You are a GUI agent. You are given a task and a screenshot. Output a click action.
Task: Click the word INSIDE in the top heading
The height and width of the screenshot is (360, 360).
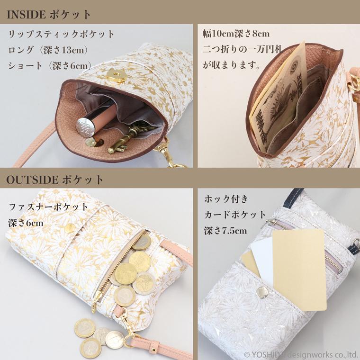coord(26,13)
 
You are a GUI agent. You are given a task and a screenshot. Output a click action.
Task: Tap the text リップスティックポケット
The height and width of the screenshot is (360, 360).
coord(62,35)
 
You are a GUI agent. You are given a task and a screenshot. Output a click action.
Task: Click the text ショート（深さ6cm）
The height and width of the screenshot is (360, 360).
coord(50,66)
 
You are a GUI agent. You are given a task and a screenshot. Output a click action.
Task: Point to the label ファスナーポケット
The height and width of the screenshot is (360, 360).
coord(49,207)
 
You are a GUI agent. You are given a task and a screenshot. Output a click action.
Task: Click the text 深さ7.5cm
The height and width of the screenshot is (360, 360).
coord(225,231)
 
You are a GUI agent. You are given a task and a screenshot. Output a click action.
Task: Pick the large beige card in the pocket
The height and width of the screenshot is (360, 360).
coord(298,268)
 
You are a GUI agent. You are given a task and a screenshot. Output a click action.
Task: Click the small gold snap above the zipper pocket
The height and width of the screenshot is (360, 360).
coord(70,228)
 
